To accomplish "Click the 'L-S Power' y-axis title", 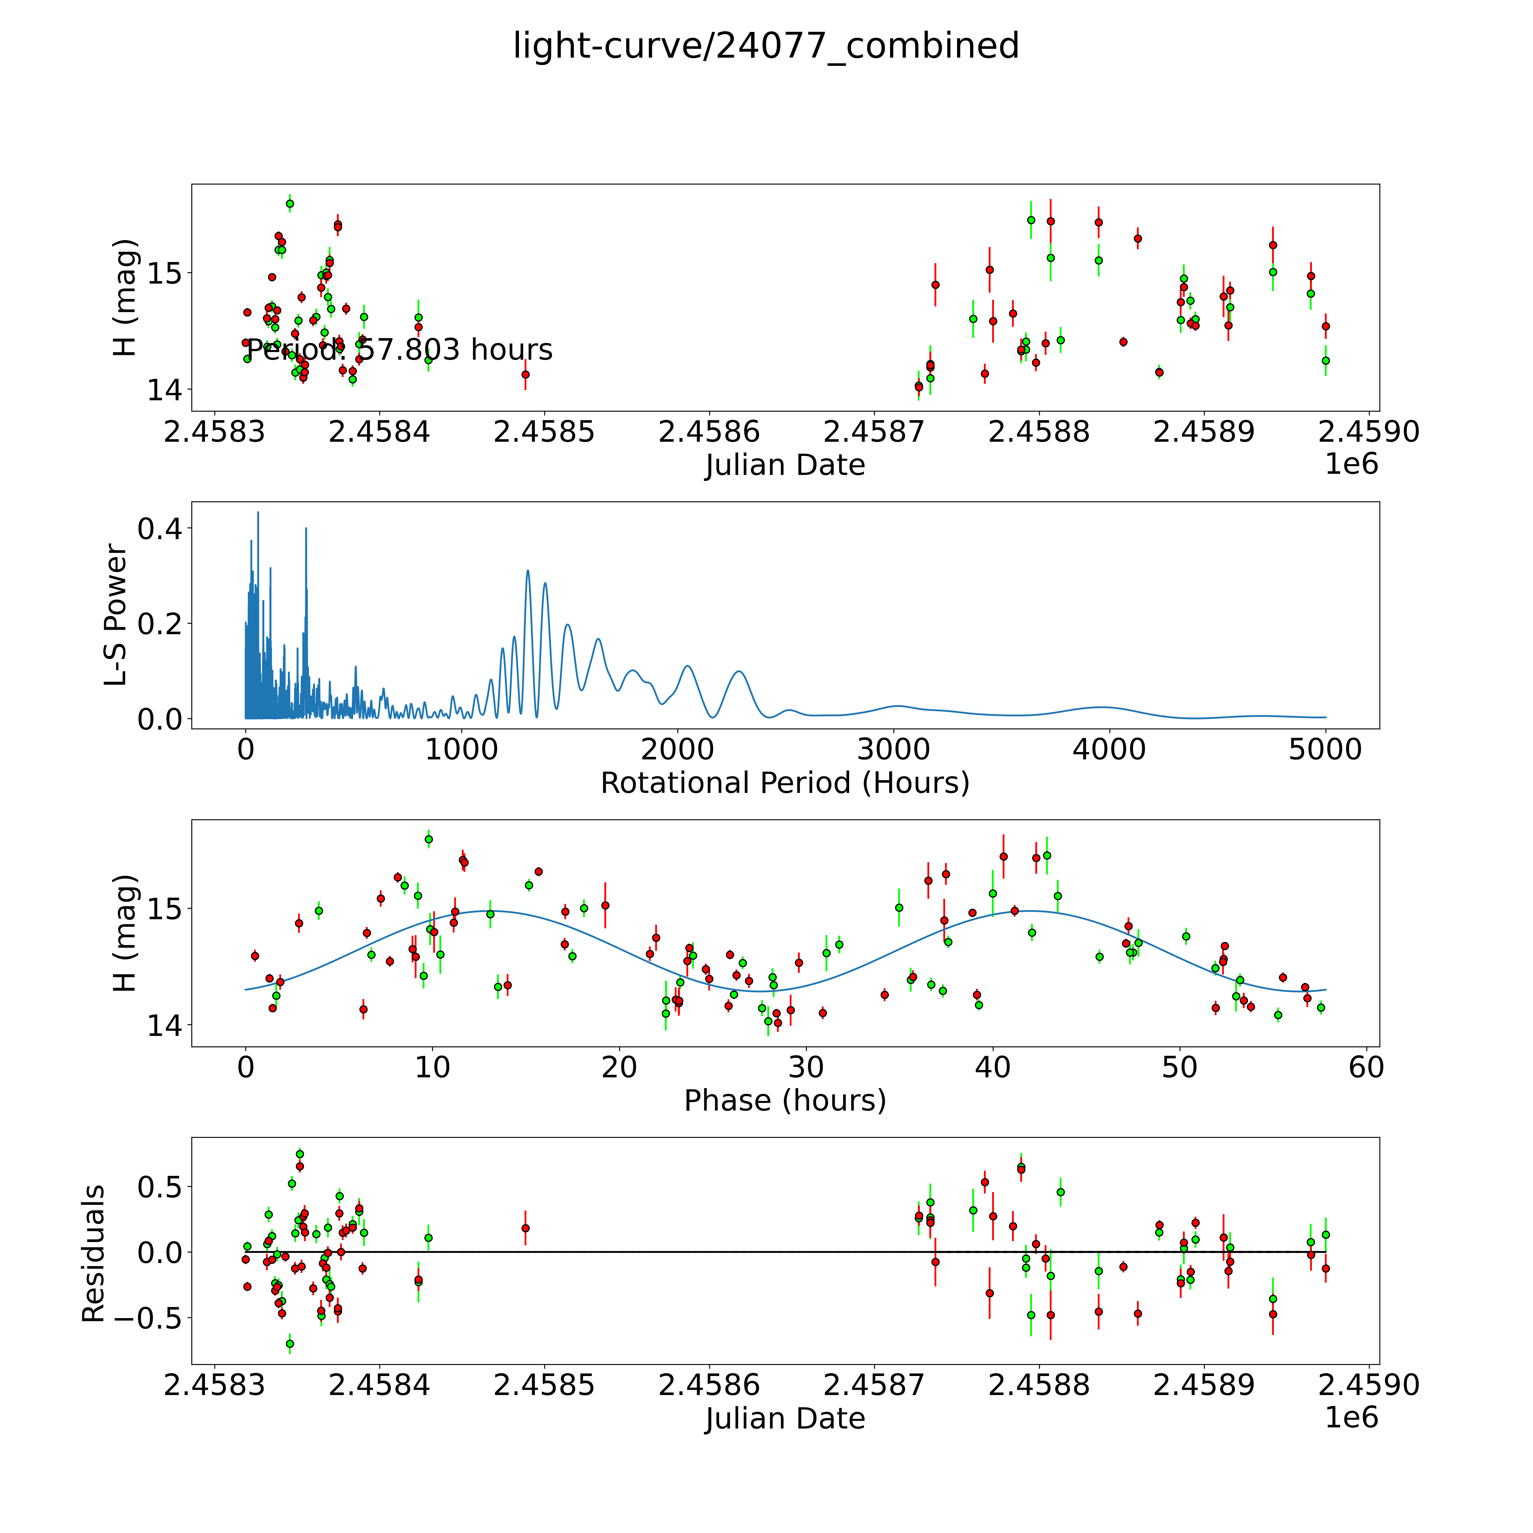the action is point(116,615).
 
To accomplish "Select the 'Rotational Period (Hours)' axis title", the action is point(785,783).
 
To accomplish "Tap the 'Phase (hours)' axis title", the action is point(785,1101).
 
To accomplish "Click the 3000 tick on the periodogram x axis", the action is point(893,750).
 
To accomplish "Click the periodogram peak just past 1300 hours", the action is point(528,571).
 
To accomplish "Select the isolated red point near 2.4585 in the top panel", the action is point(525,374).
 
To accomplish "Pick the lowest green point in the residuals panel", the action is point(290,1343).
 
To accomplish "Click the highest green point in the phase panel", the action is point(428,839).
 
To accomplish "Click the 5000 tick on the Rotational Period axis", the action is point(1325,750).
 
